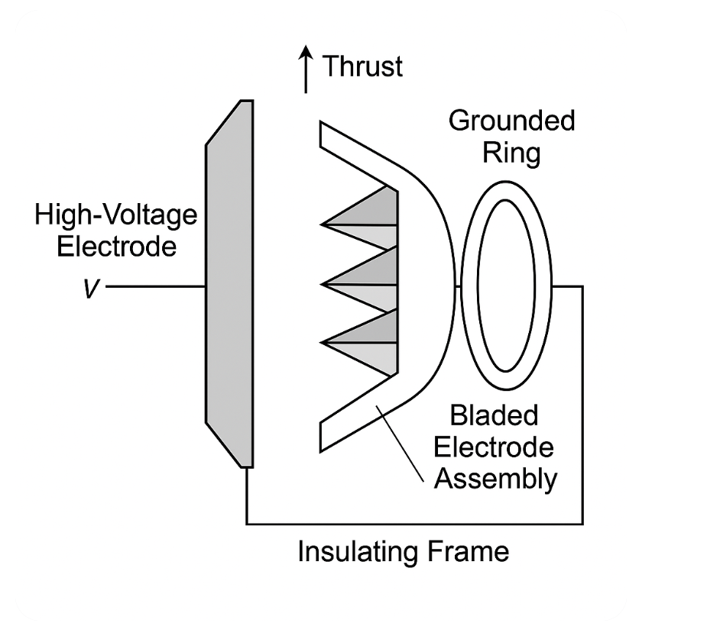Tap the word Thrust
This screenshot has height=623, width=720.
pyautogui.click(x=362, y=66)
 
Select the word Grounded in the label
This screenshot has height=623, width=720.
pyautogui.click(x=511, y=121)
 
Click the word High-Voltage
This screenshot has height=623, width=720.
pyautogui.click(x=116, y=215)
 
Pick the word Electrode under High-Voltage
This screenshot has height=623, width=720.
pyautogui.click(x=116, y=247)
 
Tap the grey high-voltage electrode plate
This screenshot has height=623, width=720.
pyautogui.click(x=229, y=283)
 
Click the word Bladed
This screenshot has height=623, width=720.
pyautogui.click(x=494, y=416)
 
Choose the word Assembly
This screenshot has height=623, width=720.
pyautogui.click(x=496, y=479)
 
